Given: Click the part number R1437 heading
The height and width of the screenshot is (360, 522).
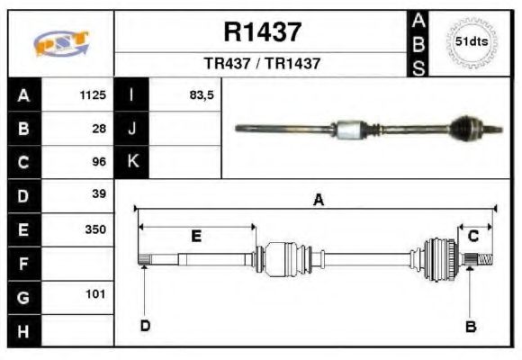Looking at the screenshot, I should click(262, 33).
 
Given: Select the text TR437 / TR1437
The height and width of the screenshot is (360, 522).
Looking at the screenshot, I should click(262, 64).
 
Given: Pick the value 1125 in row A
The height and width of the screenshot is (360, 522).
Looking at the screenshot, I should click(94, 94).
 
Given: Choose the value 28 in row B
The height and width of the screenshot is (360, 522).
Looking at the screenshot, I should click(99, 129).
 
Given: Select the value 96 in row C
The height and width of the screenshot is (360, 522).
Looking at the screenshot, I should click(99, 162).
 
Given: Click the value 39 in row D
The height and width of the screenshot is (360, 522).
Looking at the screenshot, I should click(99, 194).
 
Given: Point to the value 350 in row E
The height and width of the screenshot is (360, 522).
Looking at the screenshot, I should click(95, 229).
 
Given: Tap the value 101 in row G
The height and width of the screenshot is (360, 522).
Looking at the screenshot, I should click(96, 294).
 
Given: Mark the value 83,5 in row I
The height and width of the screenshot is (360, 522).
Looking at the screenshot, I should click(202, 94).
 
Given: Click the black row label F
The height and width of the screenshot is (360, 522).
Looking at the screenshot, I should click(23, 264).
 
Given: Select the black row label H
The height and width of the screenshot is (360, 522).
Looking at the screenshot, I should click(23, 330).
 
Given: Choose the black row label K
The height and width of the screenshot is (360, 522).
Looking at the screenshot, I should click(132, 162).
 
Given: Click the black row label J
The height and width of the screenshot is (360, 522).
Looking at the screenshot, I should click(132, 129).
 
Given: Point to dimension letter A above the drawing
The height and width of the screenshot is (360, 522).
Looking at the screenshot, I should click(318, 201).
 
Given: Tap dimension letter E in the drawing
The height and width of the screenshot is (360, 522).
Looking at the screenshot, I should click(196, 236).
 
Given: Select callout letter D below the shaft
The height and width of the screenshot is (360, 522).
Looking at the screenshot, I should click(145, 326).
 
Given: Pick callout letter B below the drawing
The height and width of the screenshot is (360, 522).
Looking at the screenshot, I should click(470, 326).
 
